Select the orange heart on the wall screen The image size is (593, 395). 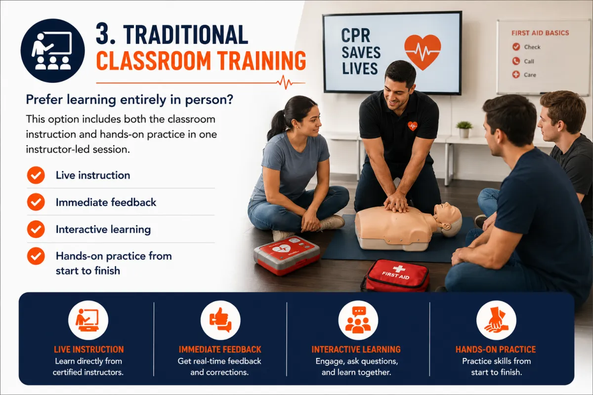coord(423,51)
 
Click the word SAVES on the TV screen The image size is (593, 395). coord(361,52)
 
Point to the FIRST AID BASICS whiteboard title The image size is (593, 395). coord(540,33)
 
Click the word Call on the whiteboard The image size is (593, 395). coord(529,61)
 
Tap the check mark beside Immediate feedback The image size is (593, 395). coord(36,202)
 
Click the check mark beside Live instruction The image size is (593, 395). coord(36,175)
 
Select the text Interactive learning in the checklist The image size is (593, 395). coord(103,230)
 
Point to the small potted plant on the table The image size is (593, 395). coord(465,129)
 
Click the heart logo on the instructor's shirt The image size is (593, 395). coord(412,126)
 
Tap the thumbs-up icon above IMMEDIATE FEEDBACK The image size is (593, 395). coord(220,320)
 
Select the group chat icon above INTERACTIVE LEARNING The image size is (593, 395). coord(358,320)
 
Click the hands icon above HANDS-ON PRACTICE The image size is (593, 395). coord(496,320)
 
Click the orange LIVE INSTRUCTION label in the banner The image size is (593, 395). coord(88,350)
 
